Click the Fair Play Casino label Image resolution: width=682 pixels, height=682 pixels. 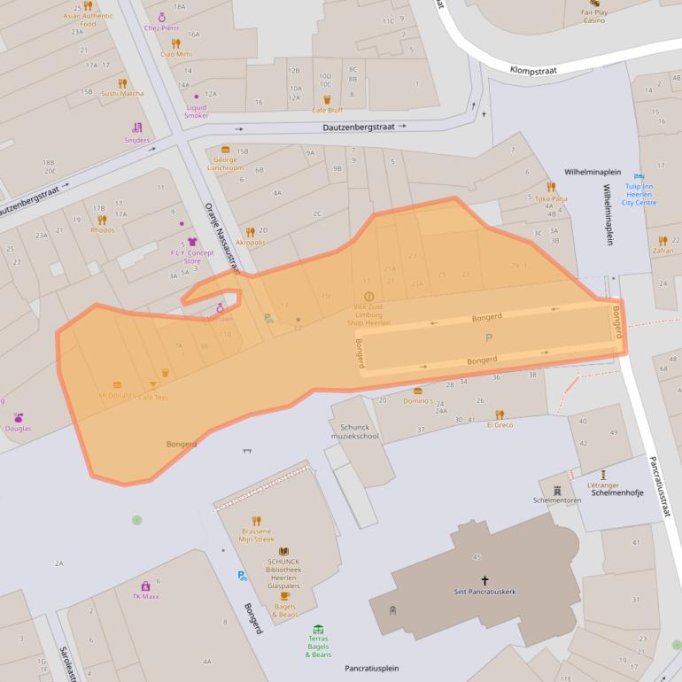pyautogui.click(x=593, y=16)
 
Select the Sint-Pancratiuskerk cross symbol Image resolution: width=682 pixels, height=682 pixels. pyautogui.click(x=484, y=581)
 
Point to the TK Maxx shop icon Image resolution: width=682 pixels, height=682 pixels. pyautogui.click(x=145, y=585)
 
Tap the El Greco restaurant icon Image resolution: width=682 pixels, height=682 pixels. pyautogui.click(x=500, y=415)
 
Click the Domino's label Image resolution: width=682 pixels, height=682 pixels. pyautogui.click(x=418, y=401)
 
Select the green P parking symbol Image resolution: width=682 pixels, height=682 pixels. pyautogui.click(x=488, y=337)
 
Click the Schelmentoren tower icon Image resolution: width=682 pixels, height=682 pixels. pyautogui.click(x=557, y=490)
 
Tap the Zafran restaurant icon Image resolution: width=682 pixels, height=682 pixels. pyautogui.click(x=663, y=240)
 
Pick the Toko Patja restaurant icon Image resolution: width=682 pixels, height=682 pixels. pyautogui.click(x=551, y=188)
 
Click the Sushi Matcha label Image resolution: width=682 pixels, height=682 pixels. pyautogui.click(x=122, y=93)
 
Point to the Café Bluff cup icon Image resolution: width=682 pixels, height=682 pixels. pyautogui.click(x=327, y=100)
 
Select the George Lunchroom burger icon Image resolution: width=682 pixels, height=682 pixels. pyautogui.click(x=226, y=150)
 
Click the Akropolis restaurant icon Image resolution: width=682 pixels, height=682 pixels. pyautogui.click(x=251, y=232)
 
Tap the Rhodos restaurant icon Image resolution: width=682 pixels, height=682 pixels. pyautogui.click(x=102, y=220)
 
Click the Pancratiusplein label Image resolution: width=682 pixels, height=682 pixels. pyautogui.click(x=372, y=668)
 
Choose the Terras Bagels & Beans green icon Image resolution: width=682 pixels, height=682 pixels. pyautogui.click(x=318, y=630)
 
